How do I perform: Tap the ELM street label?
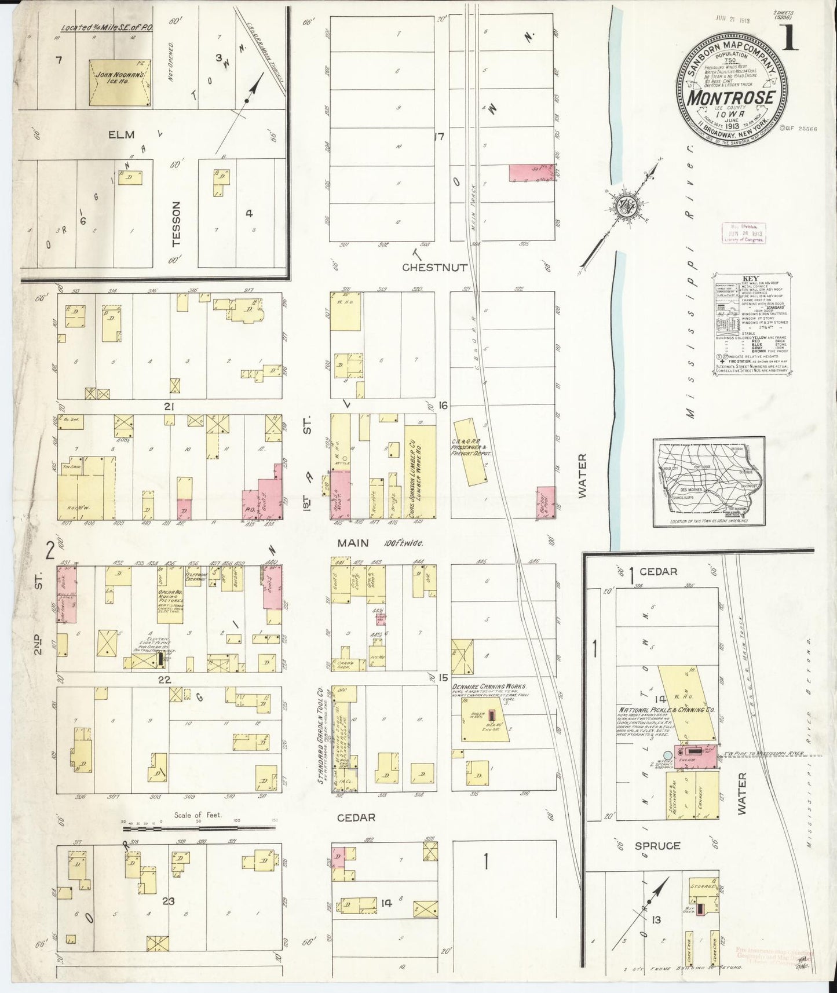[x=121, y=134]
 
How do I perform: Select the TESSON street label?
[x=177, y=224]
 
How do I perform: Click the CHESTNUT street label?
[x=434, y=268]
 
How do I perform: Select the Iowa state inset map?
[x=709, y=482]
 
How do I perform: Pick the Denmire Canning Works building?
[x=485, y=719]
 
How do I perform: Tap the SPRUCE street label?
[x=657, y=845]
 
